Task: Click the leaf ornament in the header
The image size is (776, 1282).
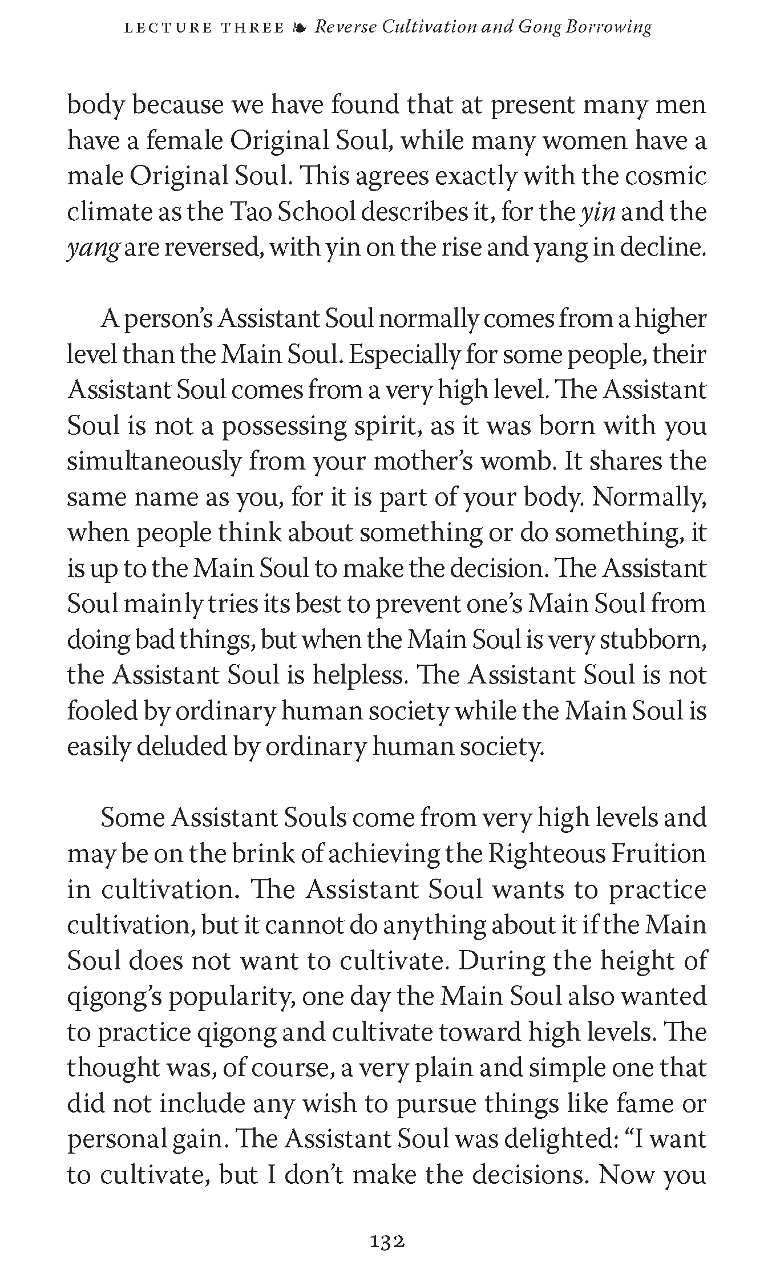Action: click(x=299, y=27)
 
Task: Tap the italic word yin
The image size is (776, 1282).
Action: click(x=597, y=212)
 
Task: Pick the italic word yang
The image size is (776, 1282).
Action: click(x=92, y=248)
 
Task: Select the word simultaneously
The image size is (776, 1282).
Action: click(x=155, y=462)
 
